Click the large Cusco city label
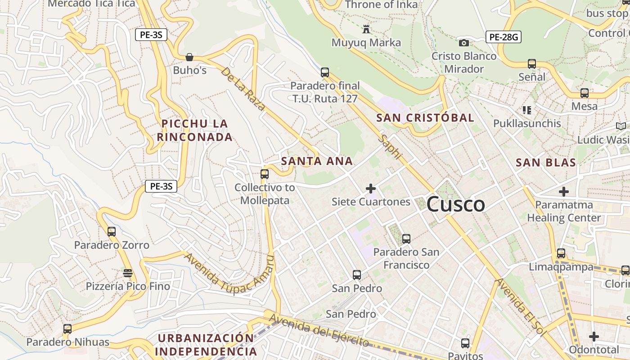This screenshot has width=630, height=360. click(x=455, y=205)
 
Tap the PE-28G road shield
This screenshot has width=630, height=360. click(x=503, y=37)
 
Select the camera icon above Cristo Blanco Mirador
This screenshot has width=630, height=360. click(x=463, y=43)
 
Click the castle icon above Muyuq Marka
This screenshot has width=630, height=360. click(x=366, y=30)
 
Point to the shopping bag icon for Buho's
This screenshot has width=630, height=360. click(x=189, y=57)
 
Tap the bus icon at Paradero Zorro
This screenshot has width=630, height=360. click(x=112, y=232)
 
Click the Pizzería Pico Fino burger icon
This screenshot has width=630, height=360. click(x=128, y=273)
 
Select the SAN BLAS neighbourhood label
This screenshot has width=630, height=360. click(x=545, y=162)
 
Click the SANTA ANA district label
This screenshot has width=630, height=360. click(x=317, y=161)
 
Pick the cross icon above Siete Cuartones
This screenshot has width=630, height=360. click(x=371, y=189)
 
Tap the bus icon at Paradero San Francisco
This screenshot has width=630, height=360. click(x=406, y=239)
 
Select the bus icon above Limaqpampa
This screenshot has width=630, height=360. click(x=561, y=253)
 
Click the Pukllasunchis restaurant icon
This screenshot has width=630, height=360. click(x=527, y=110)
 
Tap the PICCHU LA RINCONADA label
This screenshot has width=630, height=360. click(x=195, y=130)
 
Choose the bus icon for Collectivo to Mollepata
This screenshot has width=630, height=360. click(x=265, y=174)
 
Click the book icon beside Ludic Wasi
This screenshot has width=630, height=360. click(x=621, y=126)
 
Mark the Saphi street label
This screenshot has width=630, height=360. click(x=390, y=147)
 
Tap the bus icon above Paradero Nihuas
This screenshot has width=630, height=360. click(x=67, y=329)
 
